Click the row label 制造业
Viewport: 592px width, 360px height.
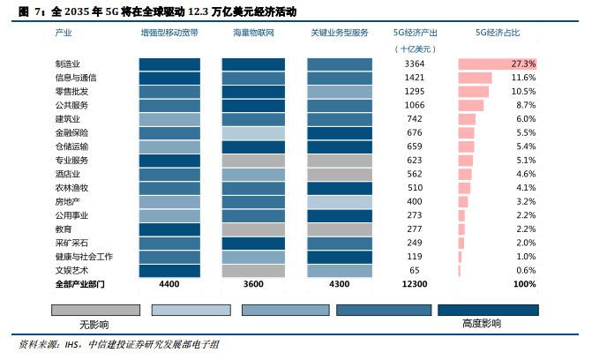[x=67, y=64]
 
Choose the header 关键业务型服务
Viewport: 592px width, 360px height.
[x=339, y=32]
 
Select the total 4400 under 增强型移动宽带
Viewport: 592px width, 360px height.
[x=169, y=284]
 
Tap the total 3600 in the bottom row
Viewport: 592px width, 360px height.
[x=253, y=284]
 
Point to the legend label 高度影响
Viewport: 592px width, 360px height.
[x=482, y=324]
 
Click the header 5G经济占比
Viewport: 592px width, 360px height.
[x=498, y=32]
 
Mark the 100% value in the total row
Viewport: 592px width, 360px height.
[x=524, y=284]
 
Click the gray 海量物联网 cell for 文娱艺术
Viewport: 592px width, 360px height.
[x=253, y=271]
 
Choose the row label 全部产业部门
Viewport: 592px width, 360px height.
[x=79, y=284]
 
